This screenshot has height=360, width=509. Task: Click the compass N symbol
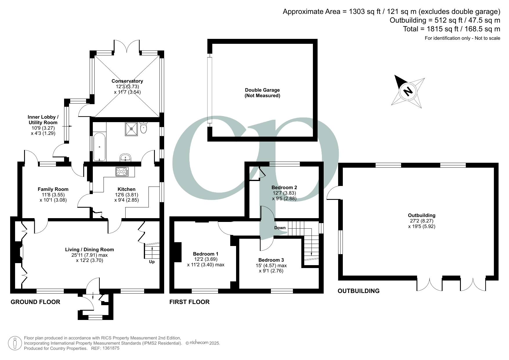click(408, 91)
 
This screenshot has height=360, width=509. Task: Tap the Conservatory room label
click(127, 81)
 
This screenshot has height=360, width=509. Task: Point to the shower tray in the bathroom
click(131, 129)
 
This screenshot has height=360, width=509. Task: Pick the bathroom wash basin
click(126, 158)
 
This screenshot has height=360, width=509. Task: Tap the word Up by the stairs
click(152, 262)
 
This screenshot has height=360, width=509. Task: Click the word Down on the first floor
click(280, 228)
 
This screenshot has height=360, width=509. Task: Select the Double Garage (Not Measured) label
click(262, 93)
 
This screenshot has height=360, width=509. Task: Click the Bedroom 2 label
click(284, 187)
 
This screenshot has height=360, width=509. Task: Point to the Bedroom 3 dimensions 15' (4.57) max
click(272, 265)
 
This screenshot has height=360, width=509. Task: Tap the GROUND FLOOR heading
click(35, 302)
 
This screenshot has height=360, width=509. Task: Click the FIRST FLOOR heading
click(189, 302)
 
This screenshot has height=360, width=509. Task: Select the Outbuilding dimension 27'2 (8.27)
click(421, 221)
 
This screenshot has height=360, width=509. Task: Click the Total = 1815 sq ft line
click(451, 29)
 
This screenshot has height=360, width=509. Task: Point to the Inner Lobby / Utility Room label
click(43, 120)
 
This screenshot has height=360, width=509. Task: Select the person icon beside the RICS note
click(15, 343)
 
